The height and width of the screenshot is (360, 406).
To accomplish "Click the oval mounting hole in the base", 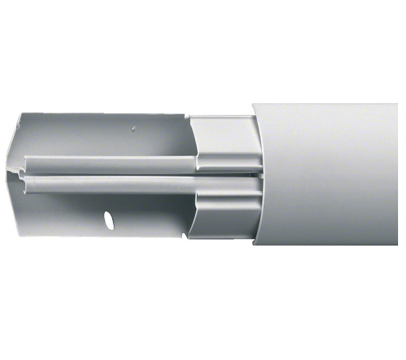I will (x=108, y=219).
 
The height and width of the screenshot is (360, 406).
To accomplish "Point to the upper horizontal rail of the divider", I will (x=113, y=162).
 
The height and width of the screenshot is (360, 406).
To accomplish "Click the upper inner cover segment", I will (x=222, y=143).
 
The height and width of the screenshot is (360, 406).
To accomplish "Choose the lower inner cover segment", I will (x=222, y=212).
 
